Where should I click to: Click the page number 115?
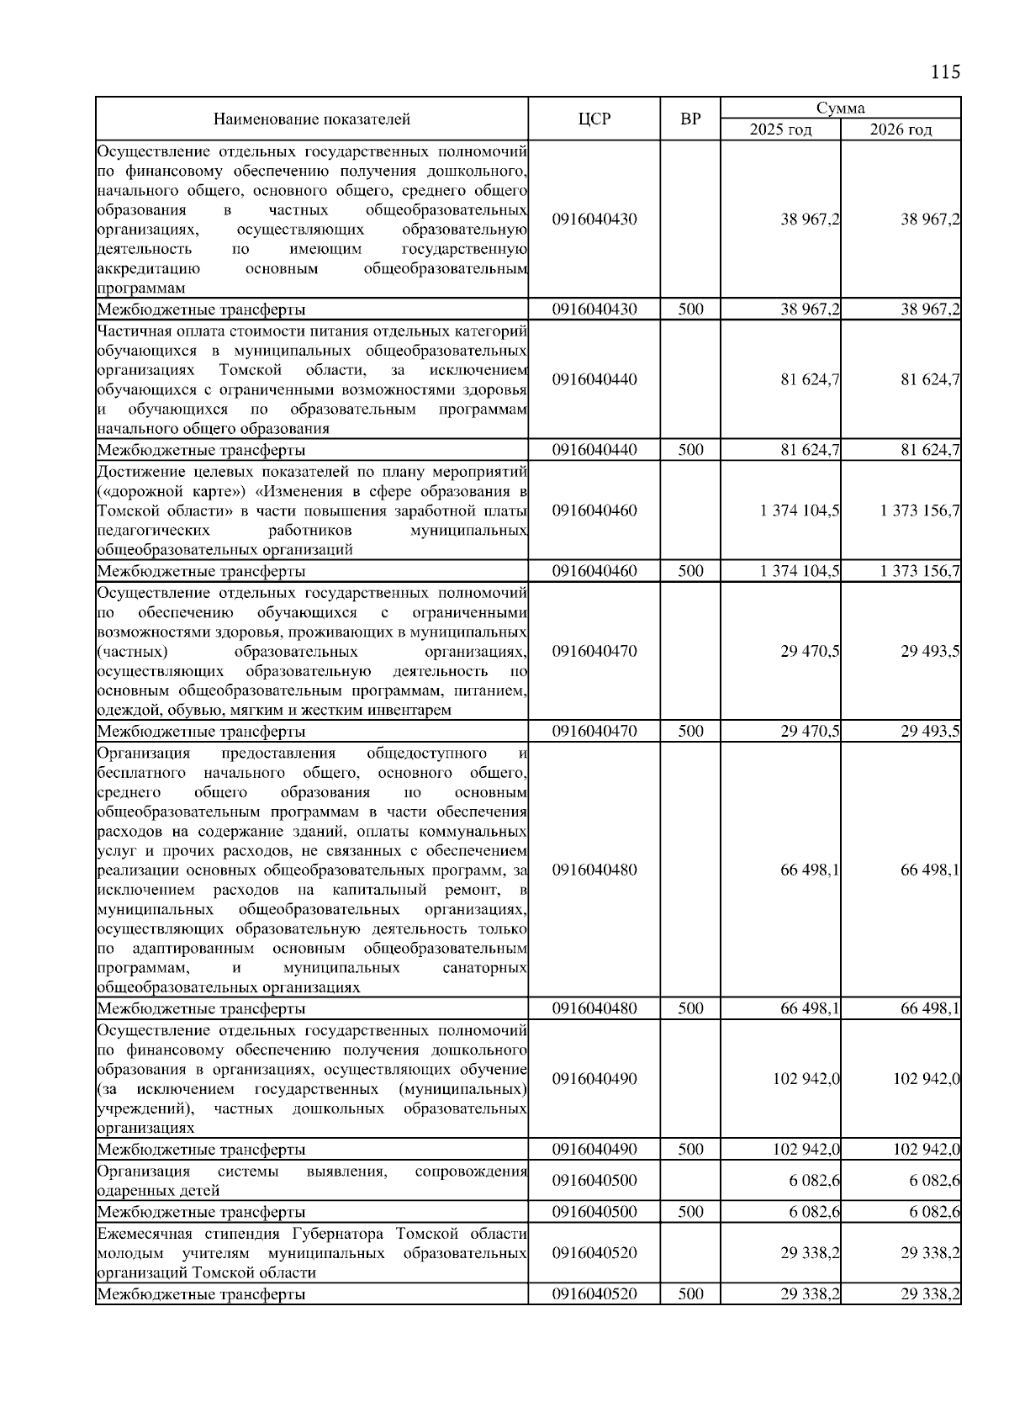(x=945, y=72)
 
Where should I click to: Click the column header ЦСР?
(x=594, y=119)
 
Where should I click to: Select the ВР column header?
(x=690, y=119)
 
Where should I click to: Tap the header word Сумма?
(x=840, y=108)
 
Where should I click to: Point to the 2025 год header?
(x=780, y=130)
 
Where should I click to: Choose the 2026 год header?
(x=901, y=130)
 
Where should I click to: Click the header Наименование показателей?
(x=312, y=119)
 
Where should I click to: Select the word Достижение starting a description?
(x=140, y=471)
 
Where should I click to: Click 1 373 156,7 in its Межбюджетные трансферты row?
(x=920, y=572)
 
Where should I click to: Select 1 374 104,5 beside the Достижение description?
(x=799, y=511)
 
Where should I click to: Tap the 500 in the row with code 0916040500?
(x=690, y=1212)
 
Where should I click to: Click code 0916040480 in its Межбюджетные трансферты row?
(x=594, y=1008)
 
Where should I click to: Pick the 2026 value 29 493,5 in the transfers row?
(x=930, y=732)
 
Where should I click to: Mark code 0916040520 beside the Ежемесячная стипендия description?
(x=594, y=1253)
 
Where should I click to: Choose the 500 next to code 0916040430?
(x=690, y=309)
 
